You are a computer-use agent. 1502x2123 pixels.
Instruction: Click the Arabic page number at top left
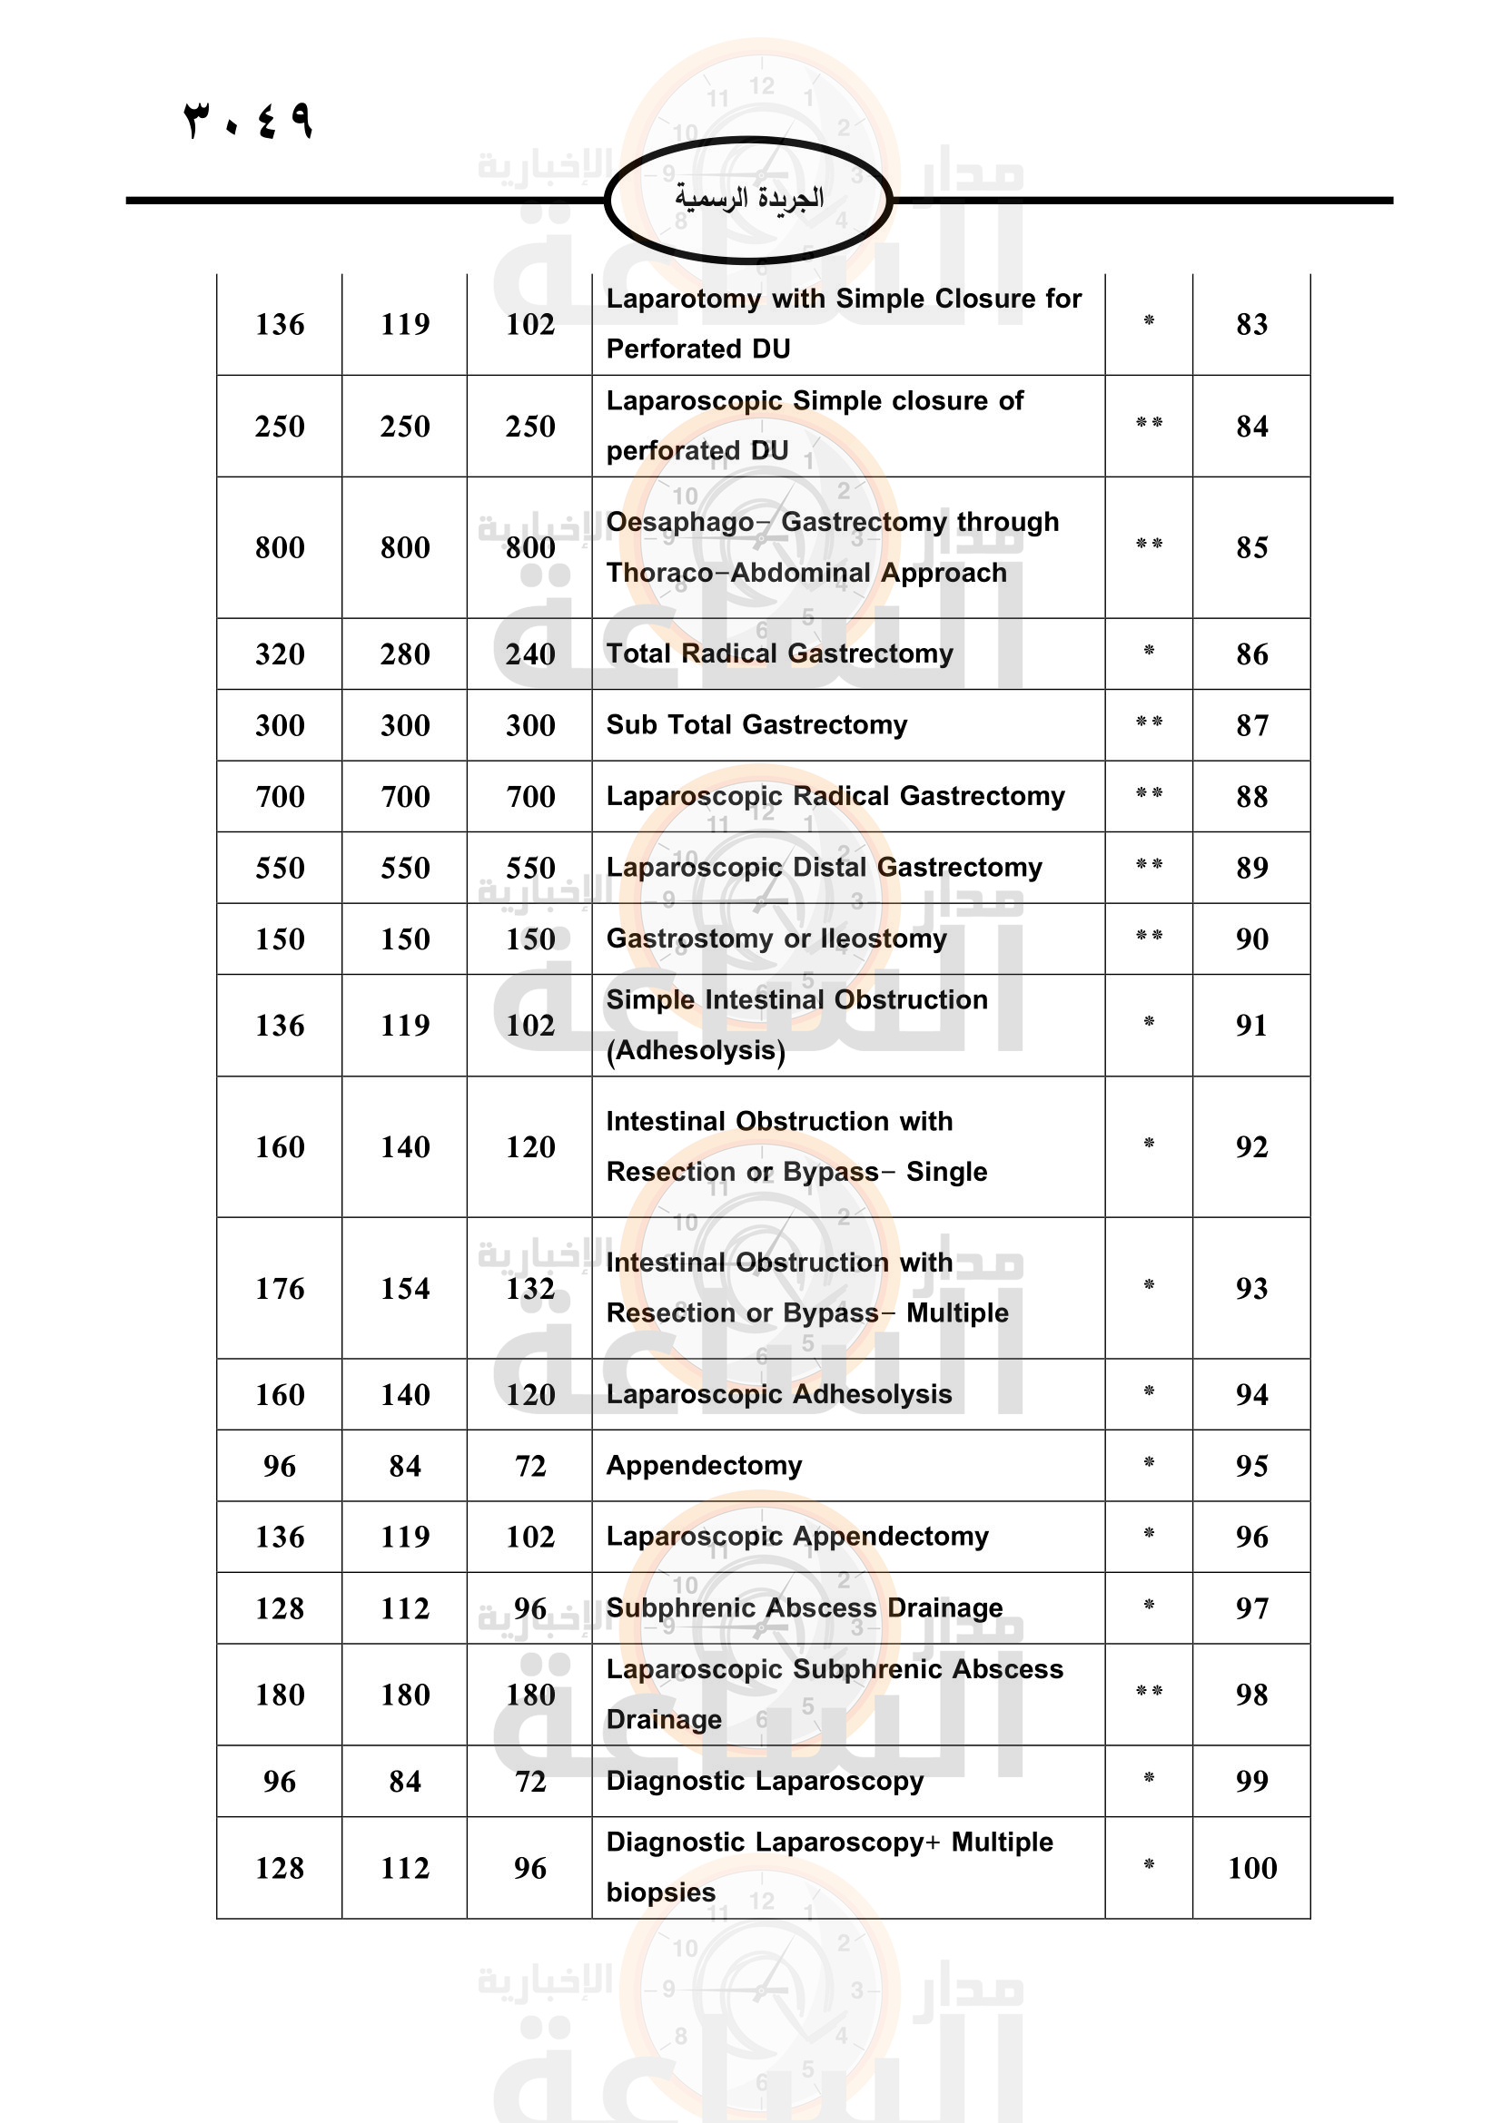pyautogui.click(x=248, y=120)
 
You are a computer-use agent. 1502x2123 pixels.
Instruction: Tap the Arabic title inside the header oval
pyautogui.click(x=748, y=198)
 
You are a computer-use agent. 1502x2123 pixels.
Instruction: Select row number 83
pyautogui.click(x=1251, y=325)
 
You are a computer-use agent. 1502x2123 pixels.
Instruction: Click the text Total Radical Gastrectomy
pyautogui.click(x=779, y=654)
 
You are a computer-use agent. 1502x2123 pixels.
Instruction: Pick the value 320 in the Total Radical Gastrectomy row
pyautogui.click(x=280, y=654)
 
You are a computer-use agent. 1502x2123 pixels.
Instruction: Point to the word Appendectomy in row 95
pyautogui.click(x=704, y=1466)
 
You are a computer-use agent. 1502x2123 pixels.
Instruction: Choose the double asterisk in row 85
pyautogui.click(x=1149, y=545)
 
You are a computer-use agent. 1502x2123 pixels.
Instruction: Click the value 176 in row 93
pyautogui.click(x=280, y=1289)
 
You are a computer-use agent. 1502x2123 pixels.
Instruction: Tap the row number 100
pyautogui.click(x=1251, y=1869)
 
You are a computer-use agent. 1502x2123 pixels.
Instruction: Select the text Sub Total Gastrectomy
pyautogui.click(x=756, y=725)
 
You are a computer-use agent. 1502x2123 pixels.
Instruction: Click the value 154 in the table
pyautogui.click(x=405, y=1289)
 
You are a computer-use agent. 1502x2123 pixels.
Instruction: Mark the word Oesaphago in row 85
pyautogui.click(x=680, y=523)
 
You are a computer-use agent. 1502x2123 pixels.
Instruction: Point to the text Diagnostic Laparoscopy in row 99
pyautogui.click(x=765, y=1781)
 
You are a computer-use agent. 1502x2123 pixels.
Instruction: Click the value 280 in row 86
pyautogui.click(x=405, y=654)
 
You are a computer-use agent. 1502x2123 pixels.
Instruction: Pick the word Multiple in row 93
pyautogui.click(x=957, y=1313)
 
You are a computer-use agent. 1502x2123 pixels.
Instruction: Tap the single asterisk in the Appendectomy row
pyautogui.click(x=1149, y=1463)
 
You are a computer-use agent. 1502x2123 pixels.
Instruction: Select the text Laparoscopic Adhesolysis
pyautogui.click(x=779, y=1394)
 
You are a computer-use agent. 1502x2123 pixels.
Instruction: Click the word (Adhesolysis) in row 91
pyautogui.click(x=696, y=1050)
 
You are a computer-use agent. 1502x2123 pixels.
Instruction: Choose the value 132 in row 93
pyautogui.click(x=530, y=1289)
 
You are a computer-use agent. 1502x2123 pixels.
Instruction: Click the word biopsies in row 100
pyautogui.click(x=660, y=1892)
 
